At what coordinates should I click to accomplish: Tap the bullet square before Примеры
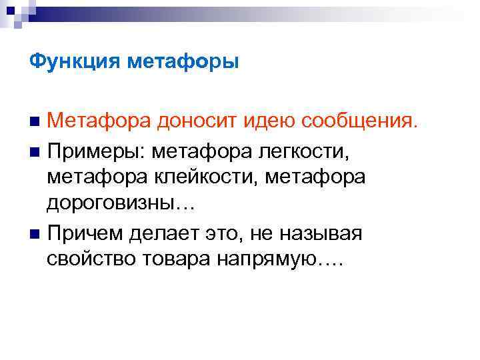35,151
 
